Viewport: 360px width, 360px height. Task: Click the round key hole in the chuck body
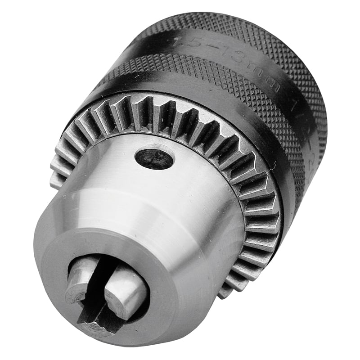[x=154, y=158]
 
